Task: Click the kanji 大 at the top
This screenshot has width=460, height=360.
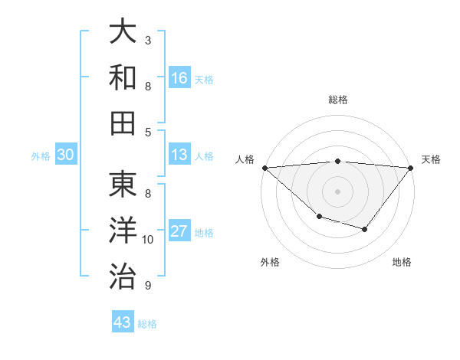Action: (123, 32)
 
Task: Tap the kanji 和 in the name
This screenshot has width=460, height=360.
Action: (123, 77)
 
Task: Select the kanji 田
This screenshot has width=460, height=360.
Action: (123, 122)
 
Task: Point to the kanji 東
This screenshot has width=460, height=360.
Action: (123, 185)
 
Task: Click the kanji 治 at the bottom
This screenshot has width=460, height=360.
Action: (123, 275)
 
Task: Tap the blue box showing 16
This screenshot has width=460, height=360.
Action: (179, 77)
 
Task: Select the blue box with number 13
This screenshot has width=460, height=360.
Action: (179, 155)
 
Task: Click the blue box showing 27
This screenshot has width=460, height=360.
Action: (179, 231)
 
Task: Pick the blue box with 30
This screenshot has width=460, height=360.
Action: (66, 155)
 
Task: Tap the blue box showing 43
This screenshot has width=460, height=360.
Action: (123, 322)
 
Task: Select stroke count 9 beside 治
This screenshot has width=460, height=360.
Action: (148, 286)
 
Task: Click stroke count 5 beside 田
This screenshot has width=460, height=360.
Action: (148, 133)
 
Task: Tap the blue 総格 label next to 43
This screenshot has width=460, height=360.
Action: (147, 324)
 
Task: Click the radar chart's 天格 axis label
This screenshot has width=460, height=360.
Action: (432, 159)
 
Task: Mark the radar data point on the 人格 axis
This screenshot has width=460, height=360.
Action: (264, 168)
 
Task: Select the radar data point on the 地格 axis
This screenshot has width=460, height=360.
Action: (365, 229)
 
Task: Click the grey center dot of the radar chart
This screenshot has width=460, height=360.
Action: (337, 191)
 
